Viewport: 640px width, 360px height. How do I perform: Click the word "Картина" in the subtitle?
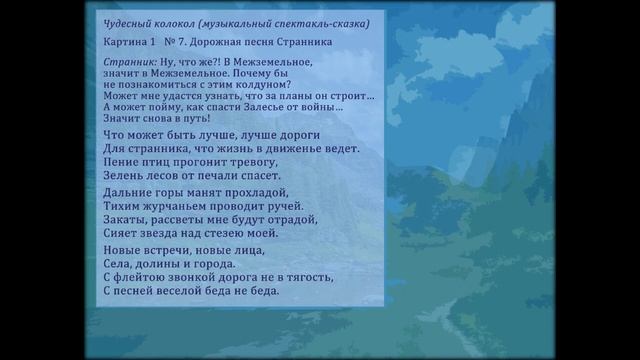click(x=125, y=44)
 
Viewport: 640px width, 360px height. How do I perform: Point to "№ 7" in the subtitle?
click(x=174, y=44)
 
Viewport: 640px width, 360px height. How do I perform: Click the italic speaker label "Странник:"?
click(x=129, y=62)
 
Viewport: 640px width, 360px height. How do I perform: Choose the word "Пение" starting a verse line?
click(x=121, y=161)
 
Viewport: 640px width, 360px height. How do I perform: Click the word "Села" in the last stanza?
click(x=117, y=263)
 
